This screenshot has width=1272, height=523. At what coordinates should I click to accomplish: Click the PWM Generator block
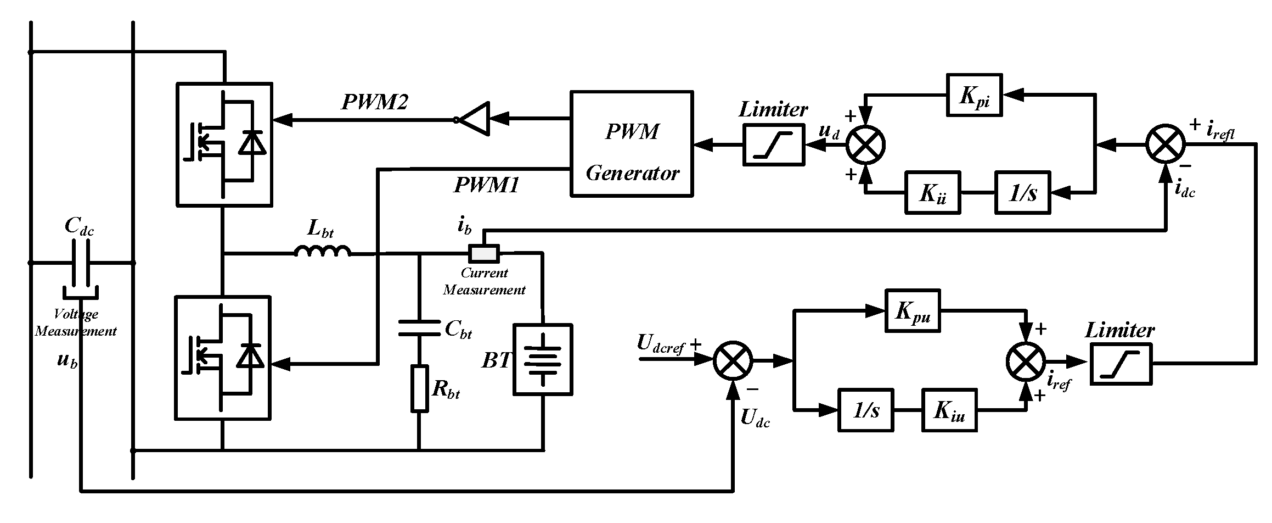click(x=631, y=144)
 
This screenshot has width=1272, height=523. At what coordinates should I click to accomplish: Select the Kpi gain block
click(x=975, y=95)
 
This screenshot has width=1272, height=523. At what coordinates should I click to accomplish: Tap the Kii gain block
click(x=932, y=192)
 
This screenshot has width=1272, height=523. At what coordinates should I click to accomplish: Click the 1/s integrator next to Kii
click(x=1022, y=192)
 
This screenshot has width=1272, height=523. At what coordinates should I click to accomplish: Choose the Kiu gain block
click(x=949, y=410)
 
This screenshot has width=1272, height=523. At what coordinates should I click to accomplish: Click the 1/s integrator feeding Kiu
click(x=865, y=410)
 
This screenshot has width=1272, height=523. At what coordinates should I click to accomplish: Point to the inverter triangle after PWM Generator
click(x=474, y=118)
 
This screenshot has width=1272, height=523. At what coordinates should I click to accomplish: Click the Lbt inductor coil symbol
click(x=323, y=251)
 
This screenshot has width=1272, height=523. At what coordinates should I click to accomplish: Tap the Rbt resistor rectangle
click(x=420, y=389)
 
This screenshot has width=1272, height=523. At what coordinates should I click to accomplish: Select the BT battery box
click(x=543, y=359)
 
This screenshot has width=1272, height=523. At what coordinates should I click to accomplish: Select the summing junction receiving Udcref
click(x=733, y=360)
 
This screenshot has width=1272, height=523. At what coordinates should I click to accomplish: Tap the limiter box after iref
click(x=1121, y=364)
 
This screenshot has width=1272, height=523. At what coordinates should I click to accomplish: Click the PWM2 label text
click(x=375, y=102)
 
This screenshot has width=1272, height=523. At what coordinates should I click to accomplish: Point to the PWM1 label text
click(x=486, y=185)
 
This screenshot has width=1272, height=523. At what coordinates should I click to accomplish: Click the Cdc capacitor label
click(x=79, y=226)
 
